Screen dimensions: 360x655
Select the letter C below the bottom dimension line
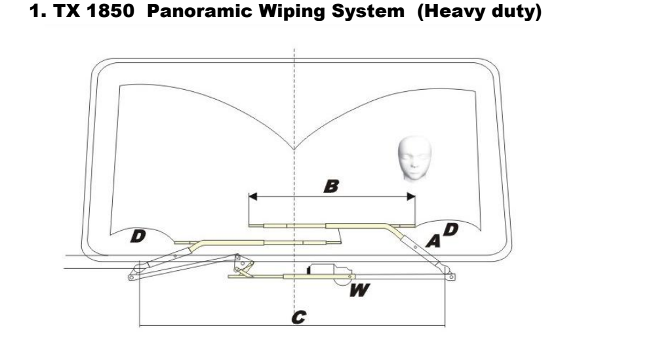tap(298, 317)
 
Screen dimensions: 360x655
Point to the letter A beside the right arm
tap(433, 241)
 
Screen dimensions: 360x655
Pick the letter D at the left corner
tap(139, 234)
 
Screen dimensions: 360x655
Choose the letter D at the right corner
tap(452, 230)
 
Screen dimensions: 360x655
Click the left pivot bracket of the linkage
tap(136, 271)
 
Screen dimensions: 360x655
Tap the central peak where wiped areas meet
tap(294, 148)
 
